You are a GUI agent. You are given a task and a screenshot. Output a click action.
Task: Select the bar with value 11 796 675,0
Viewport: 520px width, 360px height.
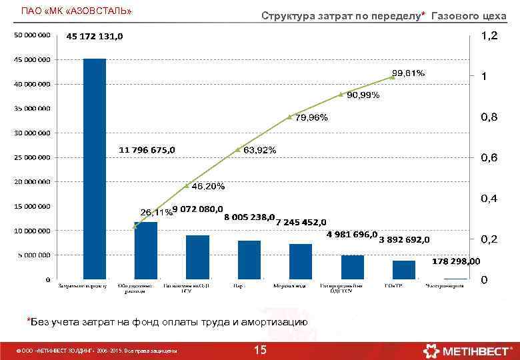pos(146,250)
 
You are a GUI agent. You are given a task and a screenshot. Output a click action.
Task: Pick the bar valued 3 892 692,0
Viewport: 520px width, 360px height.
pos(404,269)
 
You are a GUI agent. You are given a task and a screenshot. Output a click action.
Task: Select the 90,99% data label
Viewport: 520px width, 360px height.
pos(363,95)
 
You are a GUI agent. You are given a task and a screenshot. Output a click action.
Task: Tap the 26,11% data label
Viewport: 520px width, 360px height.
pos(155,212)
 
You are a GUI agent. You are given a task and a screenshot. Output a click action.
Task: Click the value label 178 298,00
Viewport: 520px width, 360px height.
pos(456,261)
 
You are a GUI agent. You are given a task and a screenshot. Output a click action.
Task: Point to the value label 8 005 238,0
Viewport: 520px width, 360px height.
pos(249,217)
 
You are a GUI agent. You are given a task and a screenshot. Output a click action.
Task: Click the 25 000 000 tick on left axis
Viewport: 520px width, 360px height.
pos(33,158)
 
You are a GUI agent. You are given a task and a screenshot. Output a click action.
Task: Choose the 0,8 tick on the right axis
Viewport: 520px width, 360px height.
pos(489,117)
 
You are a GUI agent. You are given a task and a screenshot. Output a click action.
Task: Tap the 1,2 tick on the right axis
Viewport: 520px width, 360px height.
pos(489,36)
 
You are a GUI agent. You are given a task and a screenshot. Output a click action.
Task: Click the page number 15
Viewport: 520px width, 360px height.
pos(260,350)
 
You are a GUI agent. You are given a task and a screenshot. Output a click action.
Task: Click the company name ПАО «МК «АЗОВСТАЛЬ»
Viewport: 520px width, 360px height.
pos(77,11)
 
